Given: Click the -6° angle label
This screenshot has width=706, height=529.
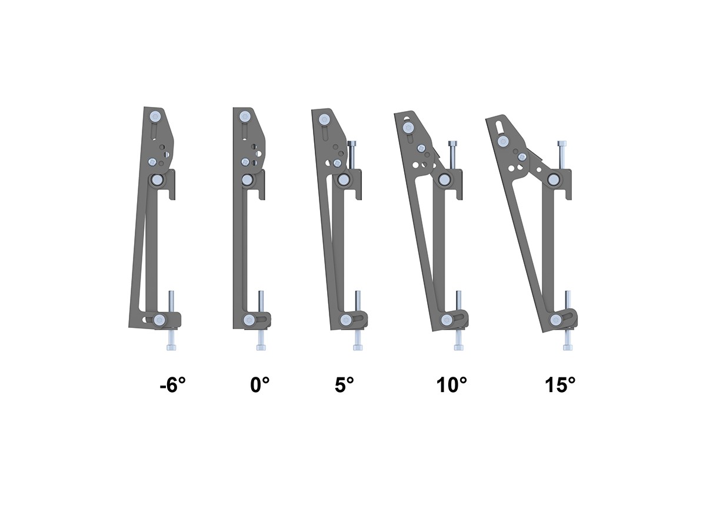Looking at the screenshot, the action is [173, 384].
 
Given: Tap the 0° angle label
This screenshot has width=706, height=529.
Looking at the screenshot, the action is [260, 384].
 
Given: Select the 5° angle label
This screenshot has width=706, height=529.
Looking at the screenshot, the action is [344, 384].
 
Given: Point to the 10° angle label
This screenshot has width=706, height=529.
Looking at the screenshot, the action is [452, 384].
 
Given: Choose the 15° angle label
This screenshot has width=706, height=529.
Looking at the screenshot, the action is [560, 384].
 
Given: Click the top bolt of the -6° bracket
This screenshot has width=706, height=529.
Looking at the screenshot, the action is [155, 116].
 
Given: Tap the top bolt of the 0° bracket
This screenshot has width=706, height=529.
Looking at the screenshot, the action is [245, 116].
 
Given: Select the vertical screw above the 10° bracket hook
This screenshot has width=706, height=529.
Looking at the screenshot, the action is [453, 156].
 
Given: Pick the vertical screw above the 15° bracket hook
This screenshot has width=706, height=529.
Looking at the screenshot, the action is [562, 156].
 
